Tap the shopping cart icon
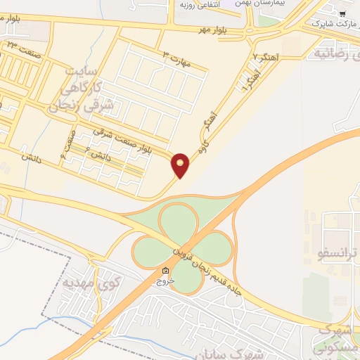coord(342,13)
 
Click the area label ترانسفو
coord(338,252)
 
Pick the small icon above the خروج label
coord(165,271)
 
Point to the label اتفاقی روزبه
coord(197,4)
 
